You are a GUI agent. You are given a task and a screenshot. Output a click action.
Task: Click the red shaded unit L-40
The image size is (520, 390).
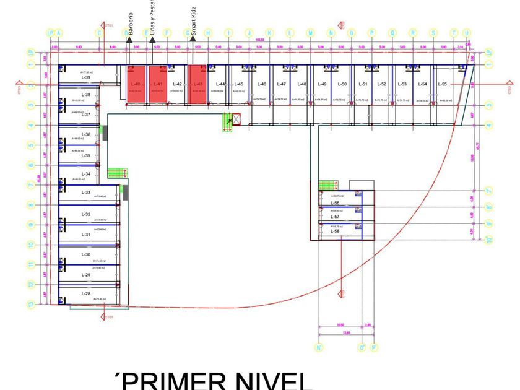coord(136,84)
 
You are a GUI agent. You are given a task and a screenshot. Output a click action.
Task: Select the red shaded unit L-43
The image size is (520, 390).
coord(197,84)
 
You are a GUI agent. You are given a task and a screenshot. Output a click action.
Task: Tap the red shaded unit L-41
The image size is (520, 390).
coord(157,84)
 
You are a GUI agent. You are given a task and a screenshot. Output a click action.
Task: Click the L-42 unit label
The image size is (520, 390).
coord(178,84)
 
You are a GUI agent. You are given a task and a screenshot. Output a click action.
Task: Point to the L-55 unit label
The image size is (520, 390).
coord(442,84)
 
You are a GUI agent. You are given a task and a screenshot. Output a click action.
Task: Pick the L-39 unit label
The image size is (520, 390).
coord(85,77)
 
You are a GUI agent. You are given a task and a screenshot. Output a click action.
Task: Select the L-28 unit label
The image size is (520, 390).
coord(85,293)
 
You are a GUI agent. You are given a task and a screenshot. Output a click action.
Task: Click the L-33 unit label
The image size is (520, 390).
coord(85,193)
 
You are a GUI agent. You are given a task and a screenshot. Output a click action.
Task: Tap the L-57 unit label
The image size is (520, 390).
coord(335,217)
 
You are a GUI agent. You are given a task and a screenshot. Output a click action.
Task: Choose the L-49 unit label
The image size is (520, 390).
coord(322,84)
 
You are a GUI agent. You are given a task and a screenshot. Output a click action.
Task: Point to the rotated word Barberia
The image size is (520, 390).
coord(131,23)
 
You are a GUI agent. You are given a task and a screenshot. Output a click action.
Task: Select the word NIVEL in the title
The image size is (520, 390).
coord(272,380)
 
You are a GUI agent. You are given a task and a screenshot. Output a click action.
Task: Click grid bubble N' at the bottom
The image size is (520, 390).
coord(319,348)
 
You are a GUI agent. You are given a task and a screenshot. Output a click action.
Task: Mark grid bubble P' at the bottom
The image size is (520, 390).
coord(374,348)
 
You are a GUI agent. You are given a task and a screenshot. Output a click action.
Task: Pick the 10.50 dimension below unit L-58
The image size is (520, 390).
coord(340,325)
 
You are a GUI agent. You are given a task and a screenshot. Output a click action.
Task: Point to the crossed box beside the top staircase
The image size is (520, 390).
coord(235,119)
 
